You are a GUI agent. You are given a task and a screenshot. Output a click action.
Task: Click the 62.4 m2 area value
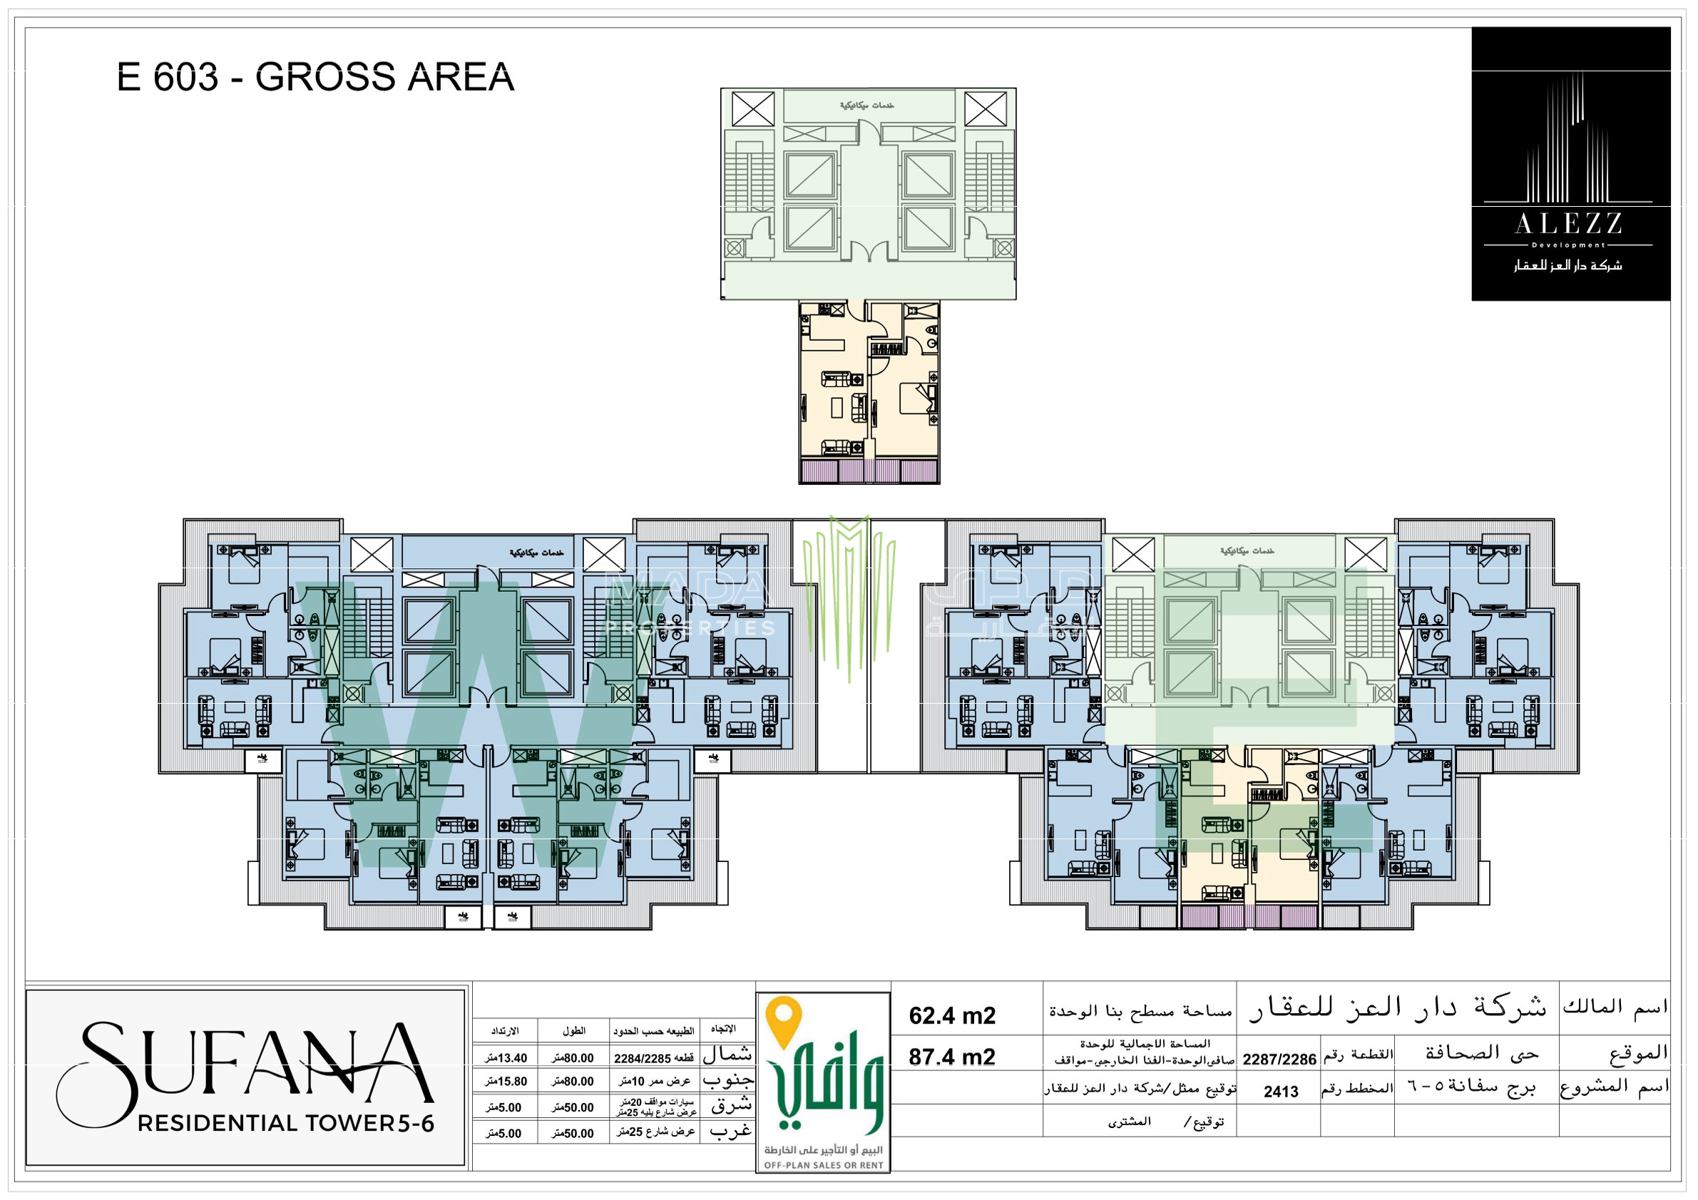pos(952,1015)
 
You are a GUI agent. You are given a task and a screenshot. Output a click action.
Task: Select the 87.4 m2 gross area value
pos(952,1057)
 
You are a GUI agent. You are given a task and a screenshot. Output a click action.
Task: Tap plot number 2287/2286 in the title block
pos(1279,1059)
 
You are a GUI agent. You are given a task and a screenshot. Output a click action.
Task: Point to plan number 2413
pos(1280,1092)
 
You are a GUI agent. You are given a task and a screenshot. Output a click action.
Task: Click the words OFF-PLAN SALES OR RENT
pos(823,1165)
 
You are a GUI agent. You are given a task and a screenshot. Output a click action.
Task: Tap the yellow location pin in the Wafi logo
pos(784,1020)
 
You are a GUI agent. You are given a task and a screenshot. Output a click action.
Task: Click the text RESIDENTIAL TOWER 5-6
pos(285,1123)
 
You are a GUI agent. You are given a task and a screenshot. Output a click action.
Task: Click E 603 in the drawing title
pos(168,77)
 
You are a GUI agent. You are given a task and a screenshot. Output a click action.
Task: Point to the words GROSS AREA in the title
pos(384,77)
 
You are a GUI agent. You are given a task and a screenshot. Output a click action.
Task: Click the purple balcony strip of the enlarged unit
pos(869,471)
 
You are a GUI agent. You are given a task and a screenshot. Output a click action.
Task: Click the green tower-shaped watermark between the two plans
pos(849,592)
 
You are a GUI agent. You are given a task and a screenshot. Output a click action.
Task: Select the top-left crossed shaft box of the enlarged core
pos(753,108)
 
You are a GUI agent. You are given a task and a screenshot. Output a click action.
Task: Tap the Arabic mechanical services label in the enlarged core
pos(866,106)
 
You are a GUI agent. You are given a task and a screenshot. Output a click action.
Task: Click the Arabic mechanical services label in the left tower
pos(536,553)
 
